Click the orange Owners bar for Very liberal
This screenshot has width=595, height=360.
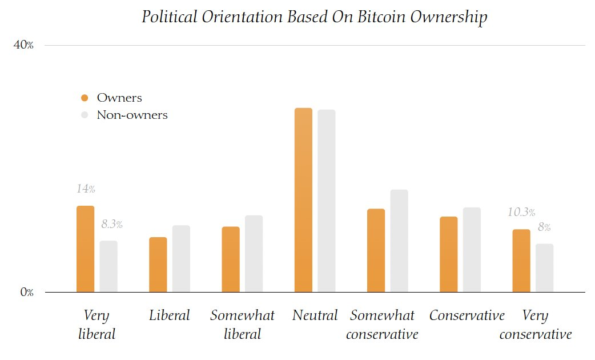point(85,249)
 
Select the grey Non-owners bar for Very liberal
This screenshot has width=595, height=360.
point(108,266)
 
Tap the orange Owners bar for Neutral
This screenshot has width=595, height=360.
point(303,200)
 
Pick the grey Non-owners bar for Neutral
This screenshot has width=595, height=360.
point(327,201)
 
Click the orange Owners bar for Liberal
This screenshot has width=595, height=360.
point(158,265)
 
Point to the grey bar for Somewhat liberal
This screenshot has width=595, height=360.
point(254,254)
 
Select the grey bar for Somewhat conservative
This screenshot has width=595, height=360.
point(399,241)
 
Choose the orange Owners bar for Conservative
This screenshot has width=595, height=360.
point(448,254)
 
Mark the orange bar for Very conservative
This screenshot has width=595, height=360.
point(521,261)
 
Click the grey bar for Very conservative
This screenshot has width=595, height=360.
point(545,268)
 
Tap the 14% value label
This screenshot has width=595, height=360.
point(86,189)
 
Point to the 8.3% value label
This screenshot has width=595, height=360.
point(112,225)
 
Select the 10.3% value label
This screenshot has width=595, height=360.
point(521,213)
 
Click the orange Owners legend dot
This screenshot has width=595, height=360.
point(85,98)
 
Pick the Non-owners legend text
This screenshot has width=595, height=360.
point(132,115)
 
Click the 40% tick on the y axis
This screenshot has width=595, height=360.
point(23,46)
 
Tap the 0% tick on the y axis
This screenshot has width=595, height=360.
point(26,293)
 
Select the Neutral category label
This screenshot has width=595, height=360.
point(315,315)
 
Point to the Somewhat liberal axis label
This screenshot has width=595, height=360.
point(242,324)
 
